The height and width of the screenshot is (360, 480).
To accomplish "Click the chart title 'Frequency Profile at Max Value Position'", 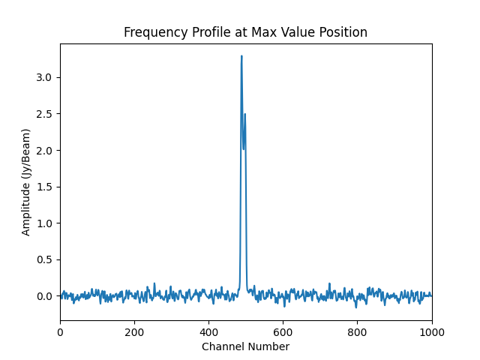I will (245, 32).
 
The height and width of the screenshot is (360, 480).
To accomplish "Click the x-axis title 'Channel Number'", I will (245, 346).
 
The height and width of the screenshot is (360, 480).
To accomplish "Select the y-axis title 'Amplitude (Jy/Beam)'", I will (26, 182).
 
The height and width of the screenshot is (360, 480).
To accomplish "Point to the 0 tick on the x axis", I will (60, 331).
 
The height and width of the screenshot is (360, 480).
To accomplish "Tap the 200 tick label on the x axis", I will (134, 331).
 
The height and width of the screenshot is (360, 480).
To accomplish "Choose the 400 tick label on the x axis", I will (208, 331).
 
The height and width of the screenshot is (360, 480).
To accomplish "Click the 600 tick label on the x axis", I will (283, 331).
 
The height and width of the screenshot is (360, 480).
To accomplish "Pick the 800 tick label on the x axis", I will (357, 331).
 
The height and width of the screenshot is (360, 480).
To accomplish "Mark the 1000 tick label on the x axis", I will (431, 331).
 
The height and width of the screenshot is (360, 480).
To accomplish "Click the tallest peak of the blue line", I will (241, 56).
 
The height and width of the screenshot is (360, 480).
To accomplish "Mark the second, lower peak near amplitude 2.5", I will (244, 115).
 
